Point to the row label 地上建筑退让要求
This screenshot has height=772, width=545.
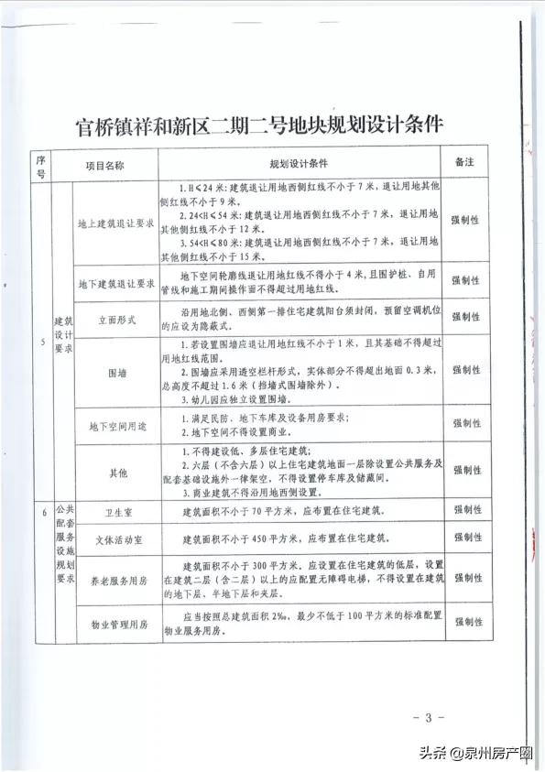[113, 221]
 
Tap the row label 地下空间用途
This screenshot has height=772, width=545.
[113, 425]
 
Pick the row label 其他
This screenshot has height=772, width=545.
[113, 473]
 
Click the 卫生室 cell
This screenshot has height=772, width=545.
[113, 515]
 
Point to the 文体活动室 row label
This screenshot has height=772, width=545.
[113, 540]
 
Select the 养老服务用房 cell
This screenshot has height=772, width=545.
[113, 579]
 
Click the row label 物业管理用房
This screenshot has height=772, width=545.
[113, 622]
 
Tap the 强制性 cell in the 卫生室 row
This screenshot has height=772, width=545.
[468, 515]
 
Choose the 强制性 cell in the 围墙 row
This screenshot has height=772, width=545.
[468, 371]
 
